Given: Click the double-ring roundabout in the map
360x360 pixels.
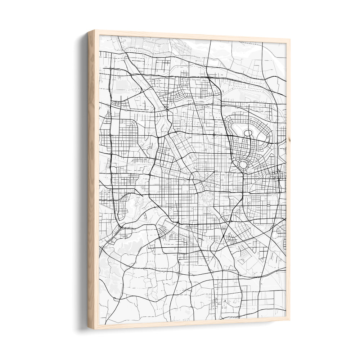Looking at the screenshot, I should [x=243, y=165].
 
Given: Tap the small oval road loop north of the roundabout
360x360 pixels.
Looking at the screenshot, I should [x=248, y=133].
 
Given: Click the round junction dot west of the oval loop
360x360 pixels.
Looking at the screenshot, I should [x=214, y=135].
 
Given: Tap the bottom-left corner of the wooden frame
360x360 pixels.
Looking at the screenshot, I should [x=89, y=328].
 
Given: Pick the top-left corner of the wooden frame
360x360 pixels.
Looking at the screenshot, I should [x=89, y=31].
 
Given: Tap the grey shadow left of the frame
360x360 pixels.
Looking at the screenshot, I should [x=82, y=180].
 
